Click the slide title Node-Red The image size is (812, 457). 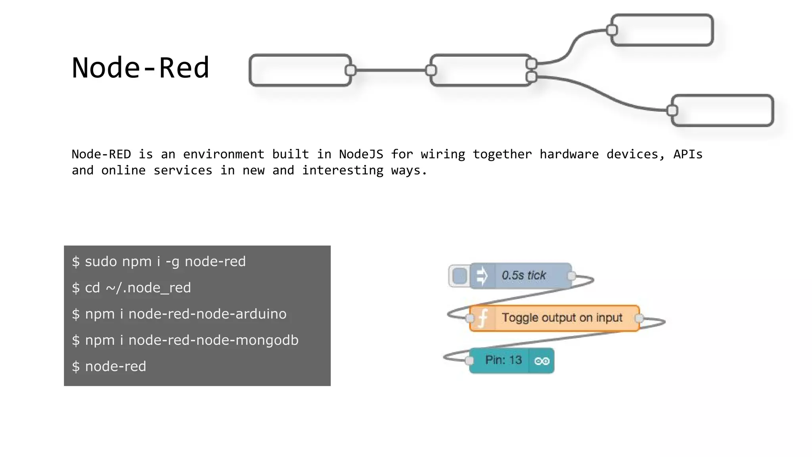(x=140, y=67)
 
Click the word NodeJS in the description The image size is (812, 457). (x=361, y=154)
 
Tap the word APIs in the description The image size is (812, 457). (x=688, y=154)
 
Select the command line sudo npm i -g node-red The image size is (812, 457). (x=159, y=261)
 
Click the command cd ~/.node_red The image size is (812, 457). (x=131, y=288)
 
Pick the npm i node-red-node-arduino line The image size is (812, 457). (x=179, y=314)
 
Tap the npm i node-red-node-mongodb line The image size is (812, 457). (x=185, y=340)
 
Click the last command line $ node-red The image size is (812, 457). (x=109, y=366)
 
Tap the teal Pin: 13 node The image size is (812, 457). (x=503, y=360)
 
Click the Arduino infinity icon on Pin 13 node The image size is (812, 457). (x=542, y=361)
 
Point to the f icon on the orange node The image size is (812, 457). (x=483, y=318)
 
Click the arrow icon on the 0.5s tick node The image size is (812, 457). (x=482, y=276)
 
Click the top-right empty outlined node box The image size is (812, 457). (x=662, y=30)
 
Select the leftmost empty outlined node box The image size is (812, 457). (x=300, y=70)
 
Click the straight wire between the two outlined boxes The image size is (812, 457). (x=391, y=70)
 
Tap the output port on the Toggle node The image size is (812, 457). (x=639, y=318)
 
